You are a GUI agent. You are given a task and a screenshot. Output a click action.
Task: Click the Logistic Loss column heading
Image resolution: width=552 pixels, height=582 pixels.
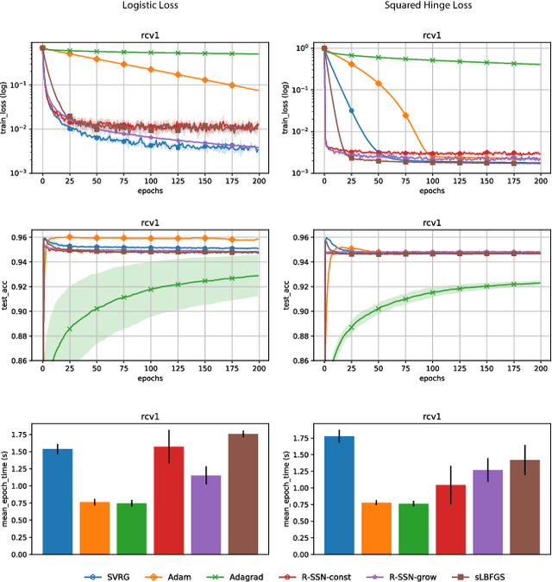(151, 6)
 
